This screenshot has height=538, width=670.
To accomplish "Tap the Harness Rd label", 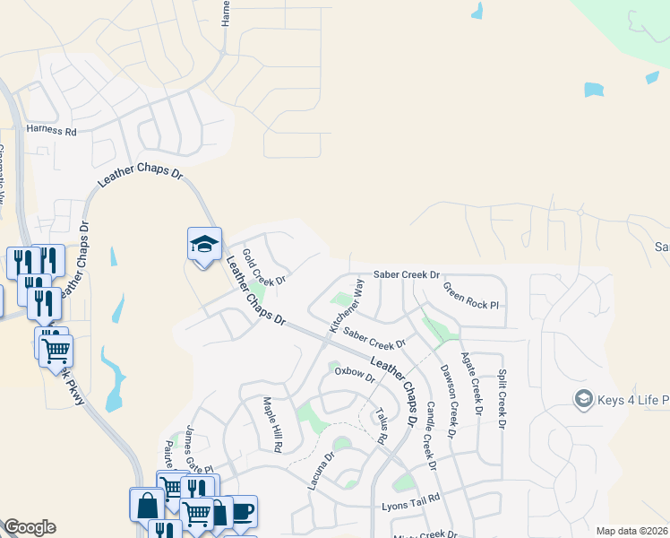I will (x=52, y=130).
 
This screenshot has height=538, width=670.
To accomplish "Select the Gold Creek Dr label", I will (x=264, y=267).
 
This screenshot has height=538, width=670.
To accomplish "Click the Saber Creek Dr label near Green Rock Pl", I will (x=407, y=274).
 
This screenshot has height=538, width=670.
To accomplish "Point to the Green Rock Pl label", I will (x=471, y=299).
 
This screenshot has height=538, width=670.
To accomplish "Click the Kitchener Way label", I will (x=348, y=307).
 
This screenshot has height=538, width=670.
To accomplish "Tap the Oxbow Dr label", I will (x=355, y=374).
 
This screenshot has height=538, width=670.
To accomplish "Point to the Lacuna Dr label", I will (x=321, y=470).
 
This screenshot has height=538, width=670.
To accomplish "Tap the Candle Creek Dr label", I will (x=429, y=436).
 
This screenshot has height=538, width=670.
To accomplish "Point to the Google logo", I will (x=30, y=527).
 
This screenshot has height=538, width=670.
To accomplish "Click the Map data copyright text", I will (x=631, y=531).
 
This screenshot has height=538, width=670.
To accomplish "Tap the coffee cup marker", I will (x=243, y=512).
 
